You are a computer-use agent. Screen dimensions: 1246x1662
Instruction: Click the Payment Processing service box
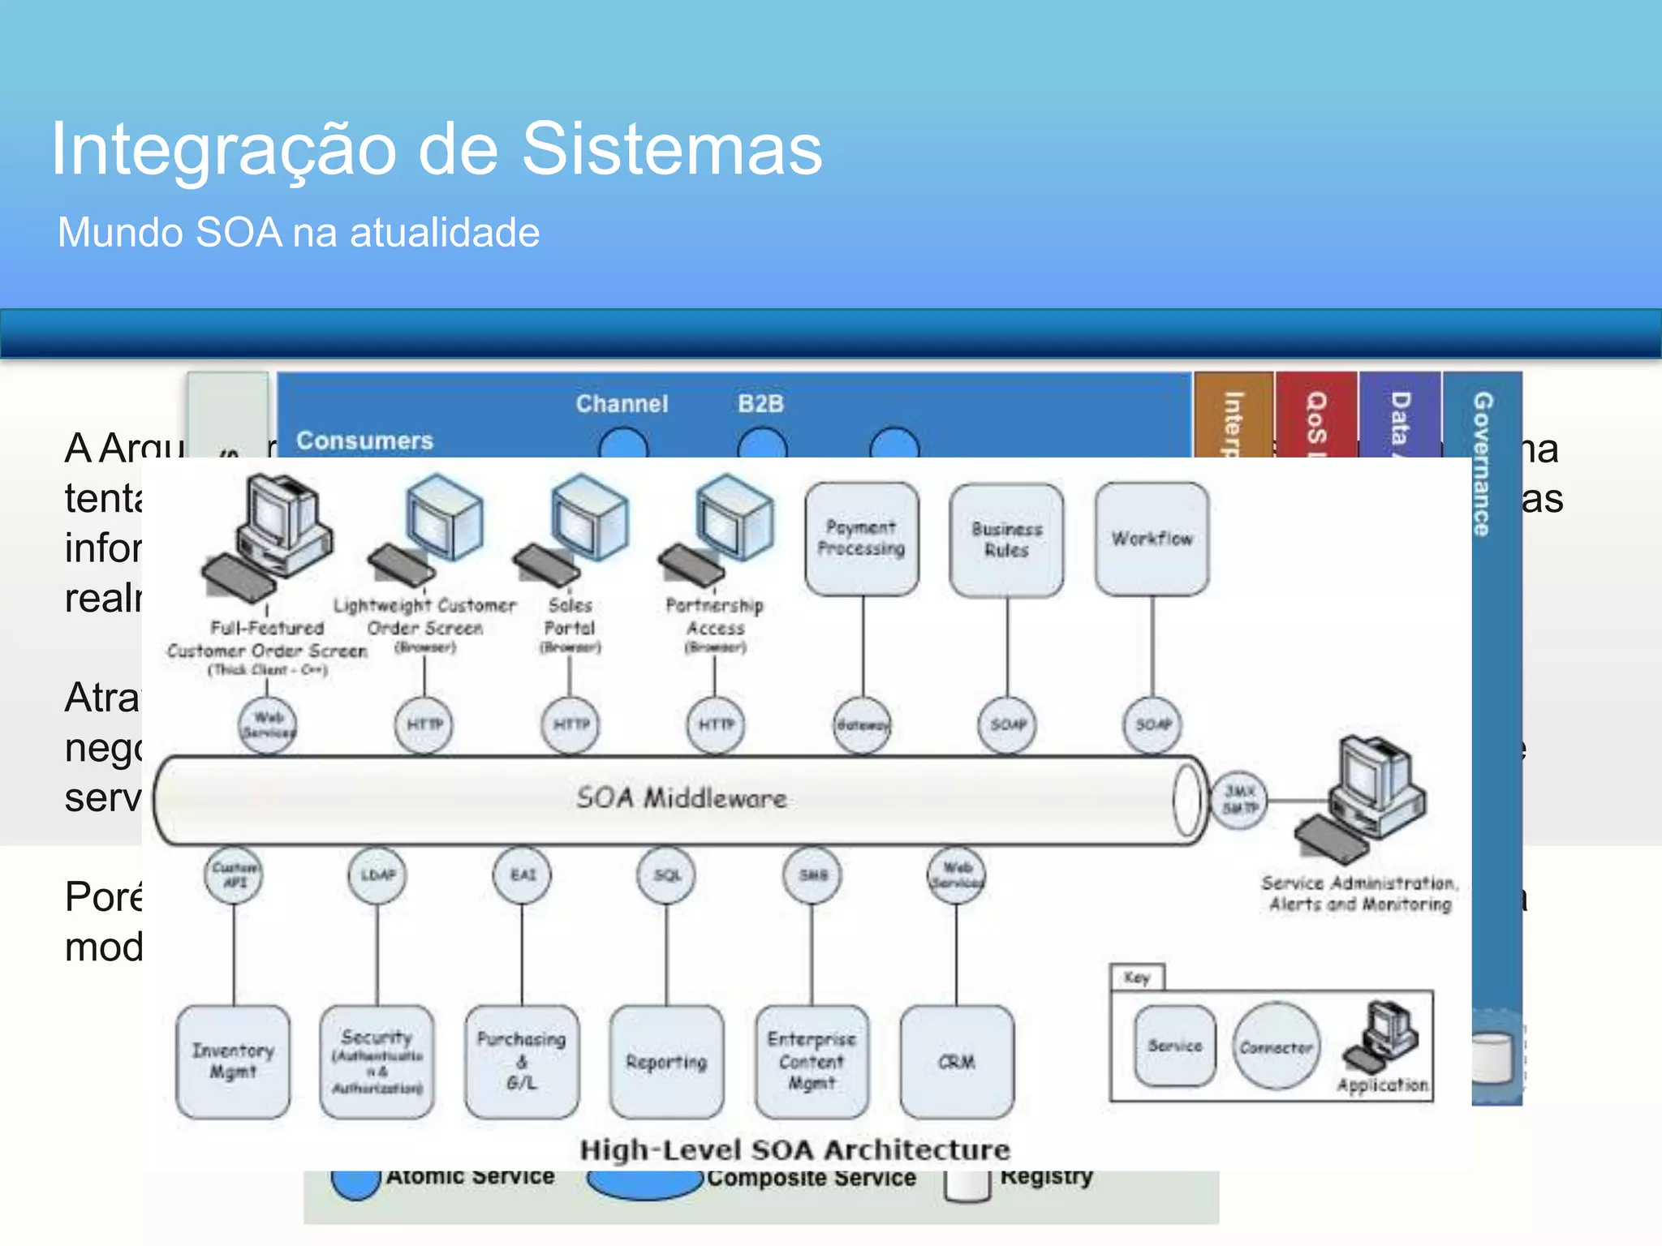(x=862, y=539)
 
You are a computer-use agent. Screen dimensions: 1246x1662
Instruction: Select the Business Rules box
(x=1007, y=540)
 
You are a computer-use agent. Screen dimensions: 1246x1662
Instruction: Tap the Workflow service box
(x=1152, y=539)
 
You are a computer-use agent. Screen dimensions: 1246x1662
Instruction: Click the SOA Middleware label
(x=682, y=798)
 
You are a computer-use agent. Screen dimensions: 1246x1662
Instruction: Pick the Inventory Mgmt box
(x=233, y=1061)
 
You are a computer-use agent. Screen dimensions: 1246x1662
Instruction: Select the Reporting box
(x=666, y=1062)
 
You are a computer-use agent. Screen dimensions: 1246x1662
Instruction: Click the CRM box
(x=957, y=1062)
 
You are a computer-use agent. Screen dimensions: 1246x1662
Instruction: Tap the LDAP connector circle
(x=377, y=875)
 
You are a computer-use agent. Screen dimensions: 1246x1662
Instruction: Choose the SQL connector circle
(x=667, y=875)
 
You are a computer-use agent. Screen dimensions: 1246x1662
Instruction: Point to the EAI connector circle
(x=523, y=875)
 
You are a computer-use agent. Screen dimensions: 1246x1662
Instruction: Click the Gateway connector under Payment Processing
(x=862, y=724)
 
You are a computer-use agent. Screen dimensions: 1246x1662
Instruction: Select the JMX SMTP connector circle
(x=1239, y=800)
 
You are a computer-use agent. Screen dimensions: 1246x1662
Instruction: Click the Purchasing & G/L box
(x=522, y=1061)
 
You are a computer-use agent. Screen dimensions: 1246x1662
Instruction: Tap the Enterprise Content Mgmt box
(x=812, y=1061)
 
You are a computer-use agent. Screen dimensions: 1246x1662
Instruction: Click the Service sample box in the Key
(x=1174, y=1046)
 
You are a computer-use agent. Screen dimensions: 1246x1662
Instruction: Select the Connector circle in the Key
(x=1276, y=1047)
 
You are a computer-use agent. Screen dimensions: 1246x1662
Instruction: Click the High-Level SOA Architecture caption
(x=794, y=1150)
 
